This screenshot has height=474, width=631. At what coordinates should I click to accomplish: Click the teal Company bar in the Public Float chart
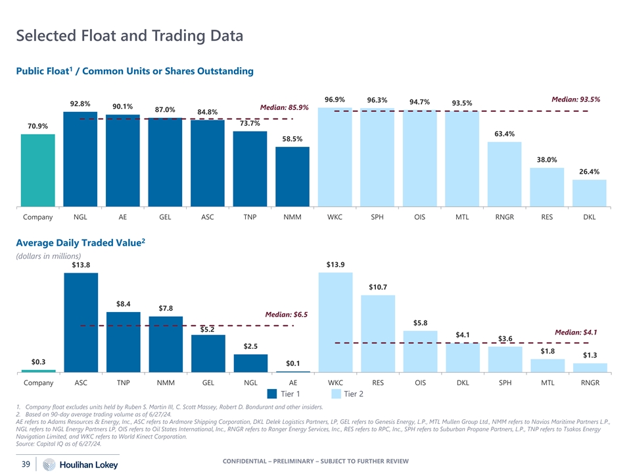(x=38, y=170)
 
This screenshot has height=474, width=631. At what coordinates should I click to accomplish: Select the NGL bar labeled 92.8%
(x=81, y=159)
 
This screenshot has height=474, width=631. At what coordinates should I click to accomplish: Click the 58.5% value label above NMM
(x=292, y=139)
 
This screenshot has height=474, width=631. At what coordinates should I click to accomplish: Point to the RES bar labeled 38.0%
(x=547, y=187)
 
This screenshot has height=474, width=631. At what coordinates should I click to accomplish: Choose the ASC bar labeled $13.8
(x=81, y=323)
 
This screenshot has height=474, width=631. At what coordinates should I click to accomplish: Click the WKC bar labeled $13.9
(x=335, y=323)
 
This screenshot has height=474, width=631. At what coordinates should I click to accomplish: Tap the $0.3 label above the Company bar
(x=38, y=361)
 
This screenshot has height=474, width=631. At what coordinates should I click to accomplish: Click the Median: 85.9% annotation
(x=285, y=107)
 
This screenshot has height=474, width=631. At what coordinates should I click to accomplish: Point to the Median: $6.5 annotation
(x=286, y=315)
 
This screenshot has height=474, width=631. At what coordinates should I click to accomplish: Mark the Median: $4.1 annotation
(x=576, y=332)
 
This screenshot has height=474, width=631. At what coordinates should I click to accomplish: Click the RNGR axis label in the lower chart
(x=589, y=382)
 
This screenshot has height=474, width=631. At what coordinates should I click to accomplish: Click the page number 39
(x=25, y=464)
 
